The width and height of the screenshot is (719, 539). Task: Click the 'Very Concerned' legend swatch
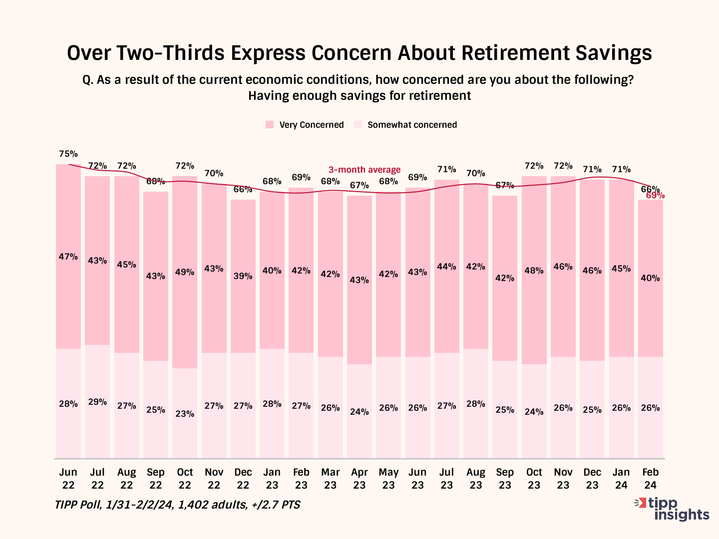click(270, 125)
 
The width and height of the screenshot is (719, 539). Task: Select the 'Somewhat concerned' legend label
click(412, 125)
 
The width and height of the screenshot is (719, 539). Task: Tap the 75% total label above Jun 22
click(68, 154)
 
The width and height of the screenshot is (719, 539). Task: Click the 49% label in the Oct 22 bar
click(185, 272)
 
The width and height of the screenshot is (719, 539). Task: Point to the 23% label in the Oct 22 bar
click(185, 413)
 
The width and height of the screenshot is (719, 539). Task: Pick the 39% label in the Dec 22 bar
click(243, 276)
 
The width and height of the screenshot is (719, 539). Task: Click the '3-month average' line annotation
click(364, 170)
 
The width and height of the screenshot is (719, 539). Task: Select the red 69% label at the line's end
click(655, 196)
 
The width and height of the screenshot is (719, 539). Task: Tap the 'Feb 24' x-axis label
click(650, 478)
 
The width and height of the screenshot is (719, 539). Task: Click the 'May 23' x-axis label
click(388, 478)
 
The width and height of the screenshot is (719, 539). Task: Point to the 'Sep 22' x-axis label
click(156, 478)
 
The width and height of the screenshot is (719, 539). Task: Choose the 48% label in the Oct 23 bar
click(534, 270)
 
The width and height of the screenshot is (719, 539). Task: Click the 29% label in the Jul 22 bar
click(97, 402)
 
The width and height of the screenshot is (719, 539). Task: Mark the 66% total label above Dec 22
click(243, 189)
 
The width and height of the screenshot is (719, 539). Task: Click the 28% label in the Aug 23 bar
click(476, 404)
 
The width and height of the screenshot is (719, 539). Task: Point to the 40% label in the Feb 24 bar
click(650, 278)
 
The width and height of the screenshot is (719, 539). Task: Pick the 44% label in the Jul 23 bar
click(446, 267)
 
